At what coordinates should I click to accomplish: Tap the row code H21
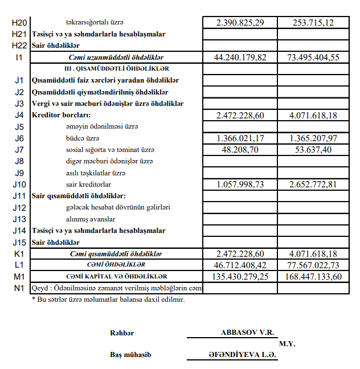[19, 34]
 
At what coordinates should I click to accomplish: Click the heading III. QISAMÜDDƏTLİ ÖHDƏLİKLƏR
[116, 69]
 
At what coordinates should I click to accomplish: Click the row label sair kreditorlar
[88, 184]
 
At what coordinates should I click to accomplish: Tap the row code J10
[19, 184]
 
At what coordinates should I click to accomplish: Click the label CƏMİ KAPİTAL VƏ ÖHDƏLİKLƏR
[116, 277]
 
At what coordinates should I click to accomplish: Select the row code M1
[19, 277]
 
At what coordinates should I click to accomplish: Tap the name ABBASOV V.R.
[247, 332]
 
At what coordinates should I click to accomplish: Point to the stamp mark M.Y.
[287, 344]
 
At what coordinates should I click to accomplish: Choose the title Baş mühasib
[130, 355]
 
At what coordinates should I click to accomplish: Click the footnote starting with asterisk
[108, 298]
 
